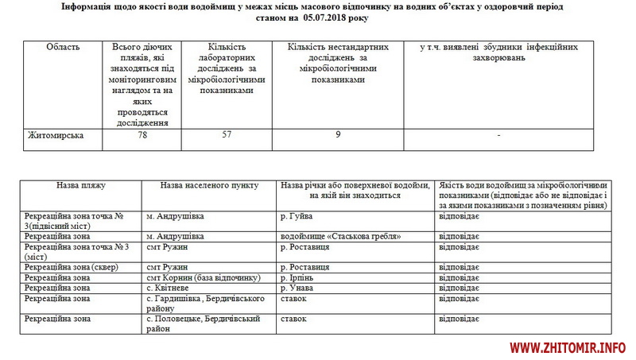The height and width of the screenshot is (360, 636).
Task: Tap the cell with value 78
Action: point(143,135)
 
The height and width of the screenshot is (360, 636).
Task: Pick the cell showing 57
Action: point(227,135)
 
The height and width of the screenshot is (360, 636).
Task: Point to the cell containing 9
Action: point(338,135)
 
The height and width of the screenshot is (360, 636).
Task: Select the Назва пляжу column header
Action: point(80,185)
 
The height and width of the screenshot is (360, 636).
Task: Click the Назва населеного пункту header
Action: point(209,185)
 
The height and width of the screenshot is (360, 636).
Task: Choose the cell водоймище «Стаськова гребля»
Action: point(339,237)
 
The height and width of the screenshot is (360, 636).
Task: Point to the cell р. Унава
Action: point(299,288)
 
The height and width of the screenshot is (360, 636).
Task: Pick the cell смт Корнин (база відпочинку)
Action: point(204,277)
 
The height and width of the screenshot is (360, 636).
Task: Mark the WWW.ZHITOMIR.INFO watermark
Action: point(568,348)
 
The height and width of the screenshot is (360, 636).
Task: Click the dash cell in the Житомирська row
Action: point(498,135)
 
